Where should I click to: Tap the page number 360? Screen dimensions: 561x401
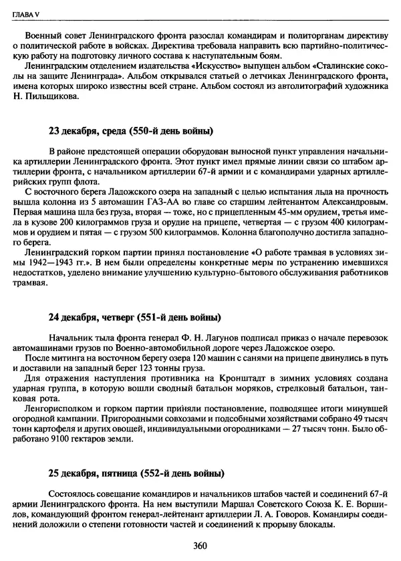click(x=200, y=545)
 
